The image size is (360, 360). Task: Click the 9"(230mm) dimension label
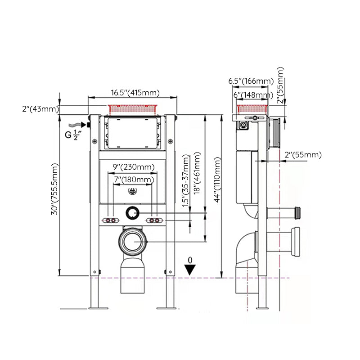click(x=133, y=167)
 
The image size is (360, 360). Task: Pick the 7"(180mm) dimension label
click(x=133, y=180)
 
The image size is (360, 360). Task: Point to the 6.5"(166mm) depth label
click(x=251, y=81)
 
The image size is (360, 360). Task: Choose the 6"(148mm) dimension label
click(x=252, y=95)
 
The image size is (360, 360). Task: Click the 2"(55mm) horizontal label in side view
click(x=303, y=155)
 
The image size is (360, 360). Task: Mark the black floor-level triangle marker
click(x=191, y=269)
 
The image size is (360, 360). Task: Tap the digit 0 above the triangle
click(x=190, y=260)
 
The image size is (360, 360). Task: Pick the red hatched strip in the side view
click(x=253, y=108)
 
